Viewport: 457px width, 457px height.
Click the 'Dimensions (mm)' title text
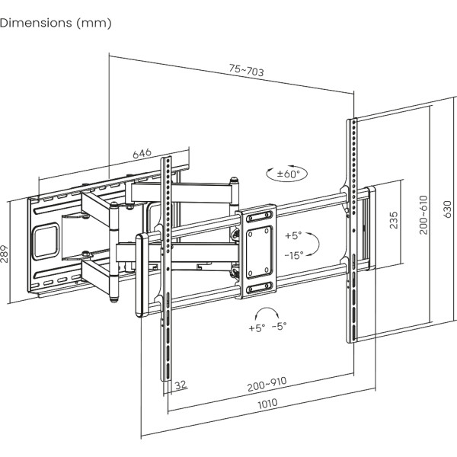(56, 23)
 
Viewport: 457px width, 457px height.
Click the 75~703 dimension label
(246, 71)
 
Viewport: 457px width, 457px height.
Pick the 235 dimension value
(393, 221)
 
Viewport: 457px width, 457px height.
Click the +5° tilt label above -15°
(293, 235)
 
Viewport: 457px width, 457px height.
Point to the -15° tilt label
(293, 255)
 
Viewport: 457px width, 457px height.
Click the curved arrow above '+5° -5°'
(267, 312)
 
